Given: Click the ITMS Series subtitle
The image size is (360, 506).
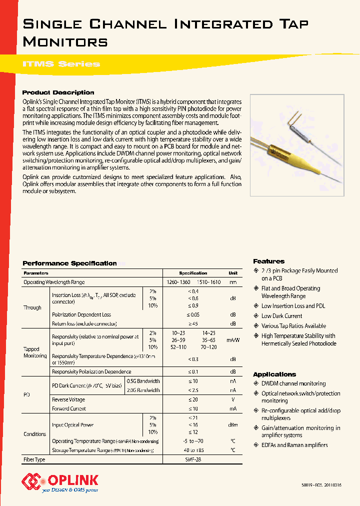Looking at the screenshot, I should tap(61, 64).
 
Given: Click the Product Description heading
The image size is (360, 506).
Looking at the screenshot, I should tap(58, 92).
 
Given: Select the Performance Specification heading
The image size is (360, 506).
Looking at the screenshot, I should tap(70, 263).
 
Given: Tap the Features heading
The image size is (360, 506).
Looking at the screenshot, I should tap(268, 261).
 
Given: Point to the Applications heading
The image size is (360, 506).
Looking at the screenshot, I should tap(274, 374).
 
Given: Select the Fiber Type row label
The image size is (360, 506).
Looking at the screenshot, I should tap(34, 459).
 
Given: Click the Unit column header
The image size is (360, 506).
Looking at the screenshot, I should tap(232, 273).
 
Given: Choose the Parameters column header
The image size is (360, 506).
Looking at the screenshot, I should tap(36, 273).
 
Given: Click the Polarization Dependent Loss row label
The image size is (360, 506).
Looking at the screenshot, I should tap(81, 315).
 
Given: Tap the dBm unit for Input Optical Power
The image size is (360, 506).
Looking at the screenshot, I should tap(232, 425).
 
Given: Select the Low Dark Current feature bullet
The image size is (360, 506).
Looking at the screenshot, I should tap(281, 316).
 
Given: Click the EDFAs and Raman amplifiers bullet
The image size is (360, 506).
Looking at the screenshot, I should tap(294, 445).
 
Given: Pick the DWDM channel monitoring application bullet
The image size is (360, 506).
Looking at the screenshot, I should tap(293, 383).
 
